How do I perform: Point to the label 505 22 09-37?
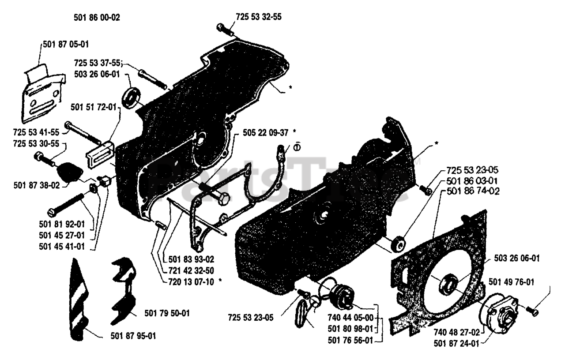coord(262,132)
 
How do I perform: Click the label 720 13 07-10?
coord(188,280)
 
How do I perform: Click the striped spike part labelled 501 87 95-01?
coord(79,300)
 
